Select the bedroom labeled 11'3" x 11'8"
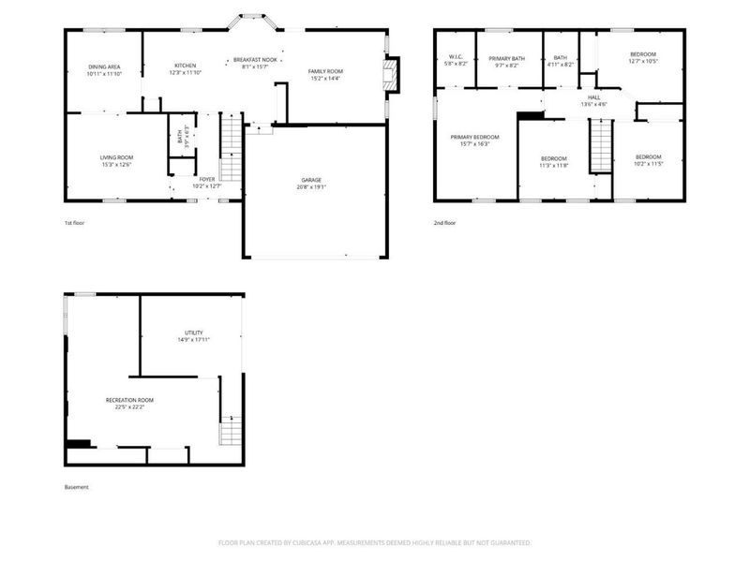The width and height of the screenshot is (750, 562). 554,161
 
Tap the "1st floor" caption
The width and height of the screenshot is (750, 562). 75,223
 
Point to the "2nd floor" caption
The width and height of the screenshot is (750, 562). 444,223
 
